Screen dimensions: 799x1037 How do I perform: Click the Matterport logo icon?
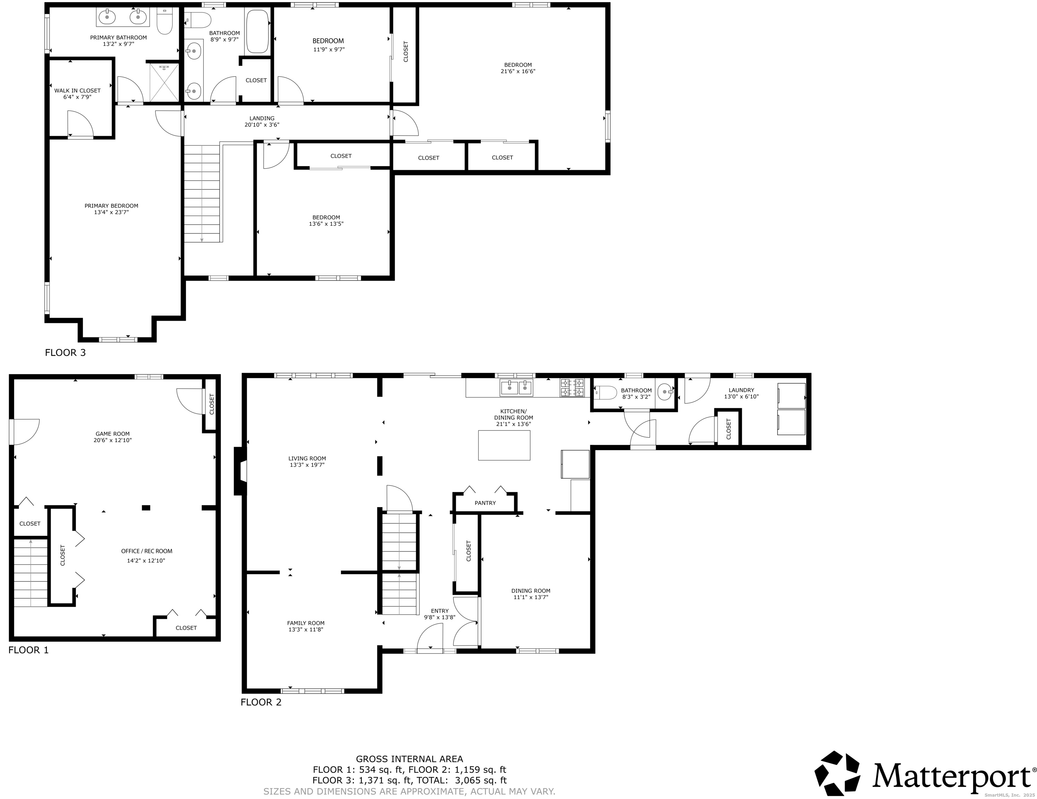pyautogui.click(x=838, y=773)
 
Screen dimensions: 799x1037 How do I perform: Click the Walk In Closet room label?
pyautogui.click(x=77, y=91)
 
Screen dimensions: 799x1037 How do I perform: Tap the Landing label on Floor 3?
pyautogui.click(x=262, y=119)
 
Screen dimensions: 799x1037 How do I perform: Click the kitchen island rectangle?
pyautogui.click(x=504, y=445)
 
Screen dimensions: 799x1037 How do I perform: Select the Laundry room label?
pyautogui.click(x=741, y=390)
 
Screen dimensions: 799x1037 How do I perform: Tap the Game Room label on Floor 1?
pyautogui.click(x=112, y=434)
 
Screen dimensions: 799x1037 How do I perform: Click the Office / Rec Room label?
pyautogui.click(x=147, y=551)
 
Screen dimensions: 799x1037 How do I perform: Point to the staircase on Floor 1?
pyautogui.click(x=31, y=573)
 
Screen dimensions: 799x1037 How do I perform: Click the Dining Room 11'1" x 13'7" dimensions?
pyautogui.click(x=531, y=597)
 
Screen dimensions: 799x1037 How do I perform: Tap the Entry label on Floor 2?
pyautogui.click(x=440, y=611)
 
